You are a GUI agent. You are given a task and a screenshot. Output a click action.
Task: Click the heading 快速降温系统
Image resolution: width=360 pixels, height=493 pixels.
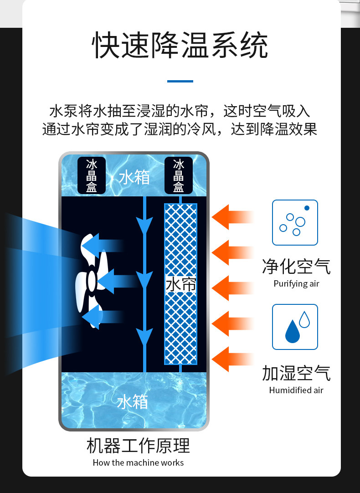pyautogui.click(x=180, y=46)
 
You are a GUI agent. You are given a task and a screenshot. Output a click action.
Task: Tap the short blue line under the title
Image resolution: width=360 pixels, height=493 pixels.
pyautogui.click(x=180, y=81)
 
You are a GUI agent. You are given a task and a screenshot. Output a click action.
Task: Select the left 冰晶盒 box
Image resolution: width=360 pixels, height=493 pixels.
pyautogui.click(x=91, y=175)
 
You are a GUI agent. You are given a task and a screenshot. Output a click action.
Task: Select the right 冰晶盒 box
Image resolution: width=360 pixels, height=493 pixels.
pyautogui.click(x=178, y=175)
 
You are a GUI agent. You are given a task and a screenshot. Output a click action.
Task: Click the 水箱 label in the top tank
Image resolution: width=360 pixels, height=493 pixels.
pyautogui.click(x=134, y=177)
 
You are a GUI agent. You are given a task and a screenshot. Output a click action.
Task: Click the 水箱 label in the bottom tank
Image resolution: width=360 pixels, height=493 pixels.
pyautogui.click(x=132, y=402)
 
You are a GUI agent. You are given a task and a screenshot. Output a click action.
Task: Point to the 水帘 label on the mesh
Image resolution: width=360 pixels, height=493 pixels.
pyautogui.click(x=180, y=285)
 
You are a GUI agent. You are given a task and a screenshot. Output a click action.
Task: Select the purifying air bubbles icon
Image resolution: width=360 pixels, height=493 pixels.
pyautogui.click(x=295, y=222)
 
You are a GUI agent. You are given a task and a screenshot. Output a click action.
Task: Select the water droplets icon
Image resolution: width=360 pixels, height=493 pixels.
pyautogui.click(x=295, y=327)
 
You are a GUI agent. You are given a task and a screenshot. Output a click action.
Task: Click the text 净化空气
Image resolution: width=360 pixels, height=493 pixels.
pyautogui.click(x=296, y=266)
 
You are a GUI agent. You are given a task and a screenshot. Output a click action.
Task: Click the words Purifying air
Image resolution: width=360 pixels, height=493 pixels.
pyautogui.click(x=296, y=284)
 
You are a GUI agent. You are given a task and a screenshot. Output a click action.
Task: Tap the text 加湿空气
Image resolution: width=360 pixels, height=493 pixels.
pyautogui.click(x=296, y=373)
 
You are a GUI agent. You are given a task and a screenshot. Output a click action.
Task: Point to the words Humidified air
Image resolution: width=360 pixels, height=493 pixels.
pyautogui.click(x=296, y=390)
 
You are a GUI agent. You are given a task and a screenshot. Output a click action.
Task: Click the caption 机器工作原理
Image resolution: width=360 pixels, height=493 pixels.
pyautogui.click(x=138, y=446)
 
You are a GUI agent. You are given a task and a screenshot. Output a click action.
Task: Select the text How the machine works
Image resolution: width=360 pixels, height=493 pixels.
pyautogui.click(x=138, y=462)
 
